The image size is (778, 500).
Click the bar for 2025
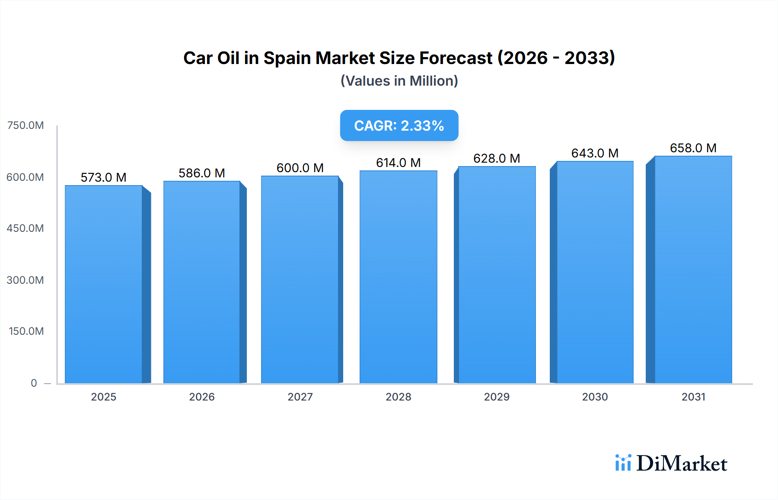pos(104,284)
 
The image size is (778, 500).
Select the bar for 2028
pos(398,277)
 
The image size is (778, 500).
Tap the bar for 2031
pos(693,269)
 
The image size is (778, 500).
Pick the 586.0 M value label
pos(202,173)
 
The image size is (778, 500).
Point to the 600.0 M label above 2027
pos(300,168)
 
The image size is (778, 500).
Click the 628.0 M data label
pos(497,158)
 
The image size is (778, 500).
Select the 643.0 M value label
pos(595,153)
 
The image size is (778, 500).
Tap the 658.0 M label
pos(693,148)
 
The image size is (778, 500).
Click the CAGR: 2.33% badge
pos(399,125)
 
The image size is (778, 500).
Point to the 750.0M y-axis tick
pos(26,125)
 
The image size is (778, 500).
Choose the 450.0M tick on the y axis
pos(26,228)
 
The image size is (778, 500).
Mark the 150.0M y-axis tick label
pos(26,331)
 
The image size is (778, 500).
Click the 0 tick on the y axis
pos(34,383)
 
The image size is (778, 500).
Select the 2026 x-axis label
pos(202,397)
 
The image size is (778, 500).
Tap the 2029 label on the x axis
pos(497,397)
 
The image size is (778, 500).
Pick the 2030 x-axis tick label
pos(595,397)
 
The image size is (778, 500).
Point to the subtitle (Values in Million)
pos(399,81)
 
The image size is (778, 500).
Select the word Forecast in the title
pos(456,58)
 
